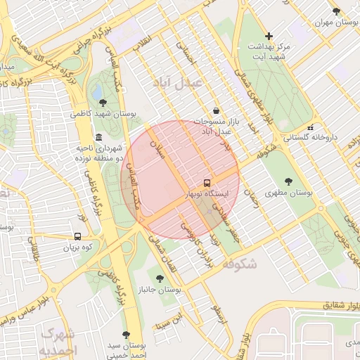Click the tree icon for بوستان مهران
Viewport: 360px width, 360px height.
coord(336,11)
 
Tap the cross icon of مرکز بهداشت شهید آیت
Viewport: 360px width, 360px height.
coord(268,36)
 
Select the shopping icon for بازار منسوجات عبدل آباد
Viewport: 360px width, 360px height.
coord(215,110)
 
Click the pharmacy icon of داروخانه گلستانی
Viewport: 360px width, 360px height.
coord(310,128)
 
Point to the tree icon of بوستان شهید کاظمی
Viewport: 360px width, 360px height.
coord(103,103)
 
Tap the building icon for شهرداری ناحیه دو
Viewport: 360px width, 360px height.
coord(98,137)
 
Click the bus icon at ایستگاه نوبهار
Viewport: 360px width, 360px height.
coord(206,181)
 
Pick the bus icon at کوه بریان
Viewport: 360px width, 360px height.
coord(77,237)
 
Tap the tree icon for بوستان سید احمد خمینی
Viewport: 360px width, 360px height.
coord(126,335)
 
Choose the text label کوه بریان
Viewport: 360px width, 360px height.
coord(77,248)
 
